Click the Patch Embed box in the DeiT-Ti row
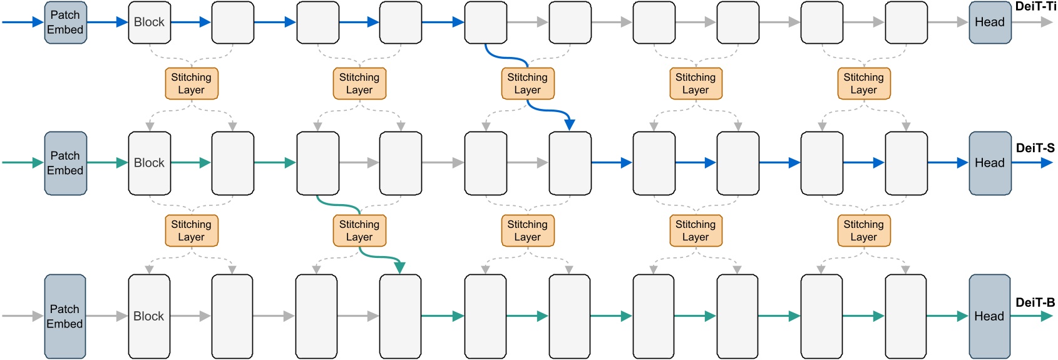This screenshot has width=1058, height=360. coord(65,23)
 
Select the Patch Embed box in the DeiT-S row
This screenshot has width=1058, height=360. coord(65,163)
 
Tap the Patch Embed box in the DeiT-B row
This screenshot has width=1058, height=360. coord(64,316)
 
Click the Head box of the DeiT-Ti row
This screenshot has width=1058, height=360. coord(990,23)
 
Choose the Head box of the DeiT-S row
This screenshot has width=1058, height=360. coord(990,163)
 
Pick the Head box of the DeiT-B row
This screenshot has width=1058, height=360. coord(989,316)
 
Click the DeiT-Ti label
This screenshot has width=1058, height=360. coord(1035,7)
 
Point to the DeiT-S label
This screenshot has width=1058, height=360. coord(1035,148)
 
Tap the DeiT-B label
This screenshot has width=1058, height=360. coord(1035,302)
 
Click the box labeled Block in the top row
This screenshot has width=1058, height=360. coord(150,23)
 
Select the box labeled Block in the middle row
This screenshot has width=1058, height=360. coord(150,163)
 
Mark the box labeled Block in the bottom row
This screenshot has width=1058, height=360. coord(149,316)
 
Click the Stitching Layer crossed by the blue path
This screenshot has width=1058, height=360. coord(528,84)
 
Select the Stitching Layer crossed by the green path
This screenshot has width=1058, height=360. coord(359,231)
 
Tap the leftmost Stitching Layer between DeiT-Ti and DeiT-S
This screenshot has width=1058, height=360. coord(192,84)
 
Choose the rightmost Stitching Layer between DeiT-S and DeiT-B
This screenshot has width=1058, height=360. coord(864,231)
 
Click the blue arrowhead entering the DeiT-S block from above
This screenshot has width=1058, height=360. coord(570,125)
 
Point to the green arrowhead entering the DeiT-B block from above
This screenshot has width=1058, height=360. coord(400,268)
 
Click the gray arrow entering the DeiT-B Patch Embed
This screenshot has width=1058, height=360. coord(23,316)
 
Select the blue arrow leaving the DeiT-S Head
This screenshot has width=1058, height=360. coord(1033,163)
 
